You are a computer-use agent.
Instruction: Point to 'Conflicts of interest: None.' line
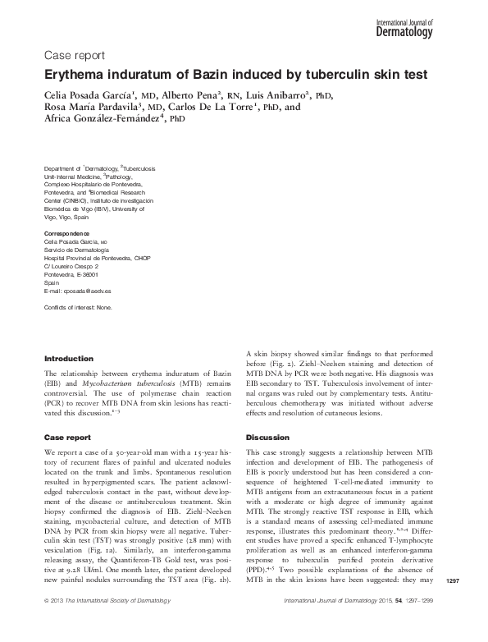[x=80, y=308]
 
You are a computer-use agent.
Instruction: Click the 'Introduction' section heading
[x=68, y=359]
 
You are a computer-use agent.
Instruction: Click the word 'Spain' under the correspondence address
[x=52, y=283]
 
